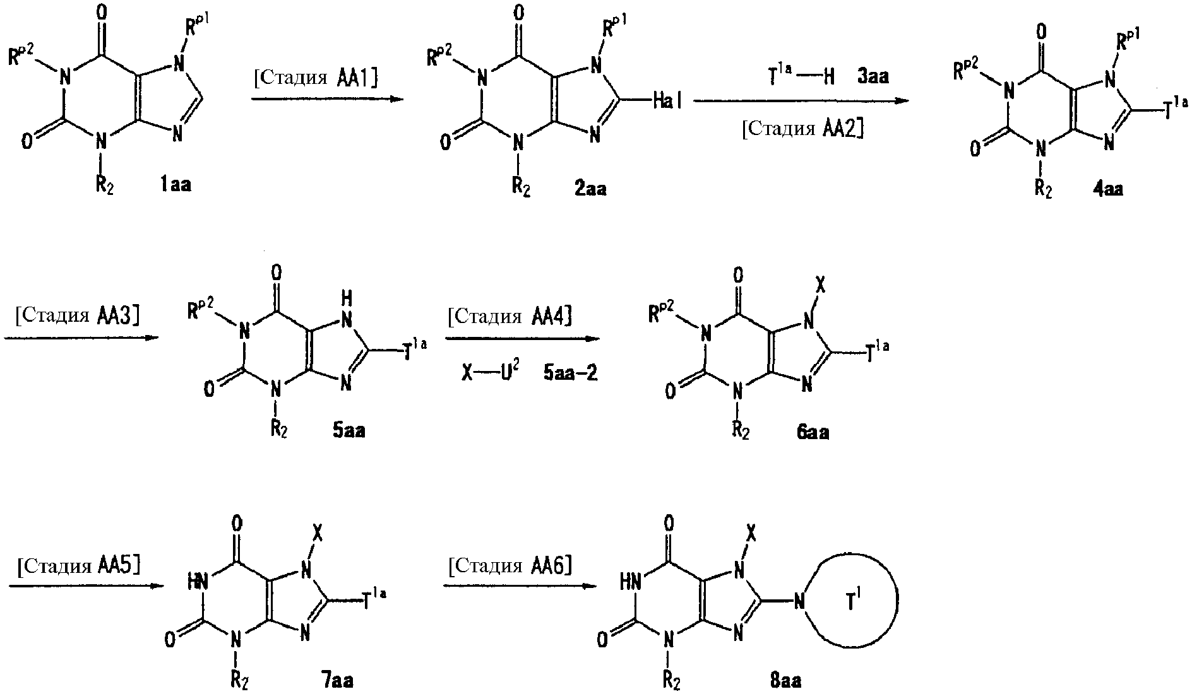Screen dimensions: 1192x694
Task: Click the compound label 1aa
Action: tap(175, 185)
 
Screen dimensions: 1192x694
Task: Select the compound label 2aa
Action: tap(590, 188)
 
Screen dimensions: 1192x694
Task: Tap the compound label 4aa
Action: tap(1107, 189)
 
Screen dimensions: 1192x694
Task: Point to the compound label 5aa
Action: tap(349, 432)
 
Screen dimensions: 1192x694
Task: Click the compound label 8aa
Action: tap(785, 681)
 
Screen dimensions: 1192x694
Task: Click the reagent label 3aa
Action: tap(873, 77)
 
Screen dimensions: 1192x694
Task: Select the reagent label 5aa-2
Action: tap(570, 374)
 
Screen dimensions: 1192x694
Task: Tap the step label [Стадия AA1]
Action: tap(315, 78)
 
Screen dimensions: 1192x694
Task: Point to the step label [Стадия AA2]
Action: tap(802, 129)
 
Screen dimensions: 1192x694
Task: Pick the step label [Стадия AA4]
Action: tap(510, 315)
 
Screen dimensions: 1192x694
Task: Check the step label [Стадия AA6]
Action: tap(510, 565)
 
